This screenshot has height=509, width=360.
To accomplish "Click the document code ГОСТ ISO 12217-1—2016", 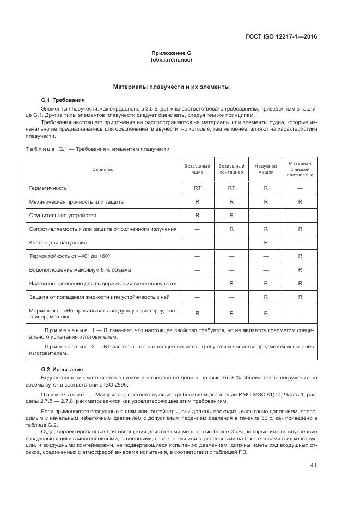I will click(x=282, y=37).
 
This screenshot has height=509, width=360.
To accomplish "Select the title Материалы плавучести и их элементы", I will click(x=171, y=87).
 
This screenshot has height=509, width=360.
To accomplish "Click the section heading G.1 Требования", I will click(x=63, y=100).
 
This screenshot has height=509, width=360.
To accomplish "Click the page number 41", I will click(x=314, y=464).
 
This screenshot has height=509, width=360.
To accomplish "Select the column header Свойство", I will click(x=103, y=170).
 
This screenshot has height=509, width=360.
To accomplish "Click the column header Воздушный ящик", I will click(x=197, y=170).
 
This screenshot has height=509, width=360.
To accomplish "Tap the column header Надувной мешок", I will click(x=266, y=170).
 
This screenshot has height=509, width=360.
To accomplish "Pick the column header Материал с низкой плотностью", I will click(x=300, y=169).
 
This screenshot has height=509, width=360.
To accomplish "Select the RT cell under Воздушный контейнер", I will click(x=231, y=188).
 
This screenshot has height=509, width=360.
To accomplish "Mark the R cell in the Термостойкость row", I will click(x=300, y=256).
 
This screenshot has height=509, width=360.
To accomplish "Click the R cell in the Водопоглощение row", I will click(x=300, y=269).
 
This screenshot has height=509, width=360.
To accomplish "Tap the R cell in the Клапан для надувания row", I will click(x=266, y=242).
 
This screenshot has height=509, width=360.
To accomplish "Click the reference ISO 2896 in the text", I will click(x=143, y=384).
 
